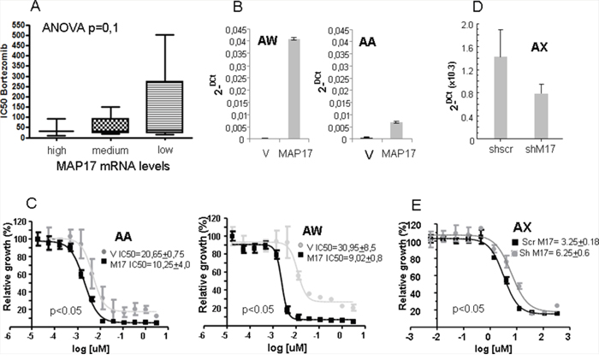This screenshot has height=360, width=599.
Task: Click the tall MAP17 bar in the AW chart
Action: [x=293, y=88]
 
